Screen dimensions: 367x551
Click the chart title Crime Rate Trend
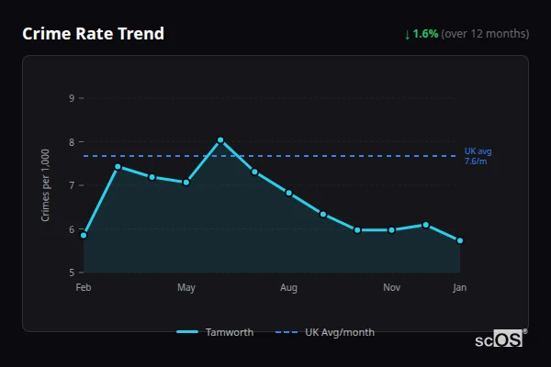[93, 34]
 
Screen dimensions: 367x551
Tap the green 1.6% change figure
[425, 34]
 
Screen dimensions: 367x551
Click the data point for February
[84, 235]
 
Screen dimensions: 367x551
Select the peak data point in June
[220, 140]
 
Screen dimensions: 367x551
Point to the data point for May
[186, 183]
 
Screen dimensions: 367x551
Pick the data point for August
[288, 193]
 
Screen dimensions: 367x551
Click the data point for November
[391, 229]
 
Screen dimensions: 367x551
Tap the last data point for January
[460, 240]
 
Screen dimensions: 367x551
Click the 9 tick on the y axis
[72, 98]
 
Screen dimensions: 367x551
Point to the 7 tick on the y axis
[72, 185]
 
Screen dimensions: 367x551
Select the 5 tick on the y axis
[72, 272]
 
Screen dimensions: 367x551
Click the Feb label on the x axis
[84, 288]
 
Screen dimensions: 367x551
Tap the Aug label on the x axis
[288, 288]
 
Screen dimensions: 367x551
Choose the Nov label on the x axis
[391, 288]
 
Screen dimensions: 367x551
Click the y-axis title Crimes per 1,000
[46, 183]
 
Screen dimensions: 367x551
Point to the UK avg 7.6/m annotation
[478, 156]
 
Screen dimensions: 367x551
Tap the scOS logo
[501, 339]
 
